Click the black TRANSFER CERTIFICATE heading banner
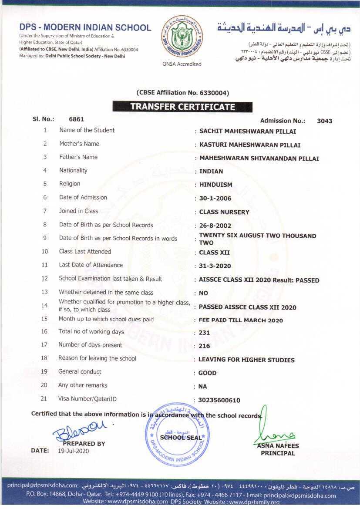point(182,107)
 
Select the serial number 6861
point(76,119)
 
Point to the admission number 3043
point(324,121)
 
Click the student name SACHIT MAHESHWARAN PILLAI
point(248,131)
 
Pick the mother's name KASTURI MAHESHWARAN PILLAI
point(249,145)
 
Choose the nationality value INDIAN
point(211,171)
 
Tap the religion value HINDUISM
point(215,185)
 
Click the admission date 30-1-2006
point(215,199)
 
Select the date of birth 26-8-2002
point(215,226)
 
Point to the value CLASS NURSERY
point(224,212)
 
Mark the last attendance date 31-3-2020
point(215,266)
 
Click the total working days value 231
point(205,333)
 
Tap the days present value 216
point(205,346)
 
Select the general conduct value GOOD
point(207,373)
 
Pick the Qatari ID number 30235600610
point(219,400)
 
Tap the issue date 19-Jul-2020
point(73,451)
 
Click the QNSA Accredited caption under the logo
point(182,64)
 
